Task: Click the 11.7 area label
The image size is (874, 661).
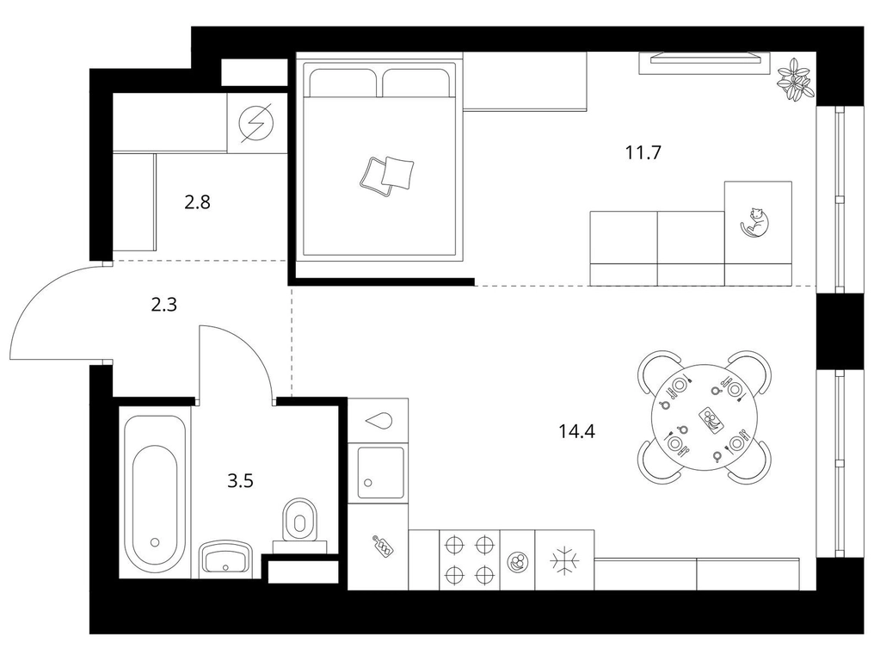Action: [x=643, y=151]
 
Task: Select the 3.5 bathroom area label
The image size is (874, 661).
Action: [x=240, y=479]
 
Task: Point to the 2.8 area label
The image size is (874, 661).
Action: [x=197, y=201]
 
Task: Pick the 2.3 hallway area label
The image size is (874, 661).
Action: [x=163, y=305]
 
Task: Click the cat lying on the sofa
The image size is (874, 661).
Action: [x=754, y=221]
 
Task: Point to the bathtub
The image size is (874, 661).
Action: [x=155, y=492]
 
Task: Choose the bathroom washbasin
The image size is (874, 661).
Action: [x=225, y=559]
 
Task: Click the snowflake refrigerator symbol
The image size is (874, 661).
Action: [x=564, y=559]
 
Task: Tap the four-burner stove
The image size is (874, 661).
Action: [x=470, y=559]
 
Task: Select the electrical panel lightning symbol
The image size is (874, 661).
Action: [x=257, y=123]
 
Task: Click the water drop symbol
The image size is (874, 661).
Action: [x=379, y=421]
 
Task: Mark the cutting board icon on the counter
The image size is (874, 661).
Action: [x=383, y=546]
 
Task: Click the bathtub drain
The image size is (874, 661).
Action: [x=155, y=541]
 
